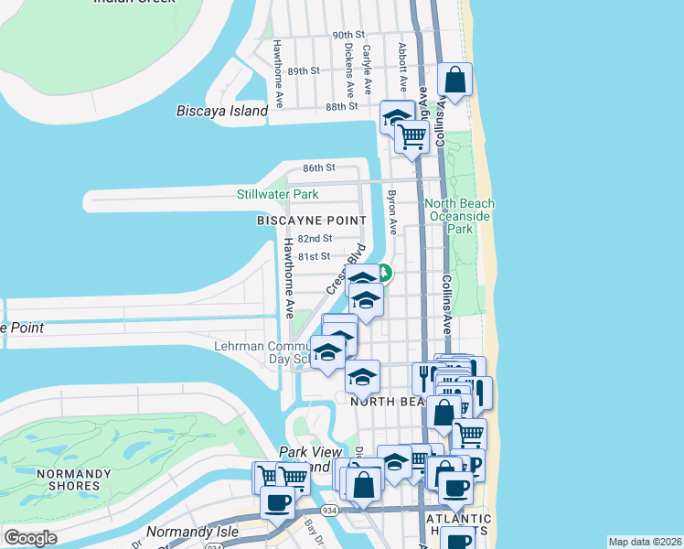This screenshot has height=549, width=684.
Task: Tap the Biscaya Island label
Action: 221,112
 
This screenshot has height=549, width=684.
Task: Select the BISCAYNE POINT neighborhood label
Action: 311,221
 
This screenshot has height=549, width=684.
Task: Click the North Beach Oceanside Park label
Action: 460,216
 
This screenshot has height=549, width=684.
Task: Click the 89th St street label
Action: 303,70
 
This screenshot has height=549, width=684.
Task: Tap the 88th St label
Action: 340,106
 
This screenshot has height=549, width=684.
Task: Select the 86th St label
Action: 320,168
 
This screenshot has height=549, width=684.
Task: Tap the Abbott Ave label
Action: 401,60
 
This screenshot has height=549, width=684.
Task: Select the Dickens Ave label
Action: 349,72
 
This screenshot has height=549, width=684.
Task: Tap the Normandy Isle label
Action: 192,531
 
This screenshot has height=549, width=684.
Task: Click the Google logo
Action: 30,538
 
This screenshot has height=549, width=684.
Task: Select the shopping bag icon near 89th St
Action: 455,81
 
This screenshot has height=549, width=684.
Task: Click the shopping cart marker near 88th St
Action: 412,136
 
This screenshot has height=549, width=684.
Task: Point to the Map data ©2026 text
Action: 645,542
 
